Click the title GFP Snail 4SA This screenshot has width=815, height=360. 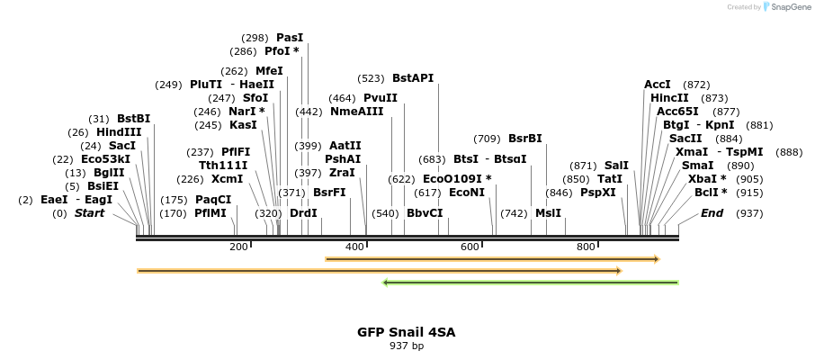point(407,332)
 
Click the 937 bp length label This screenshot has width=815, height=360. point(407,346)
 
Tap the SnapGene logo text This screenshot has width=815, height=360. point(788,7)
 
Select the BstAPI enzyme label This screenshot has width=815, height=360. point(413,78)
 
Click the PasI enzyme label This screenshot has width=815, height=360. point(290,38)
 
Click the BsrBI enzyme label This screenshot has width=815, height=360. point(525,139)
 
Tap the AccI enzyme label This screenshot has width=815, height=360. point(658,85)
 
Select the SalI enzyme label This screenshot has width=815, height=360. point(616,166)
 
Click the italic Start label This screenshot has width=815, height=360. point(89,213)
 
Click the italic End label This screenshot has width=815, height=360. point(712,213)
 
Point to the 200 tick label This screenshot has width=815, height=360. point(238,247)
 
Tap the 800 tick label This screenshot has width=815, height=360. point(586,247)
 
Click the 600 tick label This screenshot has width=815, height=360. point(470,247)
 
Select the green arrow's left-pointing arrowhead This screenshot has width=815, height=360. point(386,283)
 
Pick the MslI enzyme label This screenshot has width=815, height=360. point(548,213)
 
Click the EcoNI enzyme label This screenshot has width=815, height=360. point(467,193)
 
